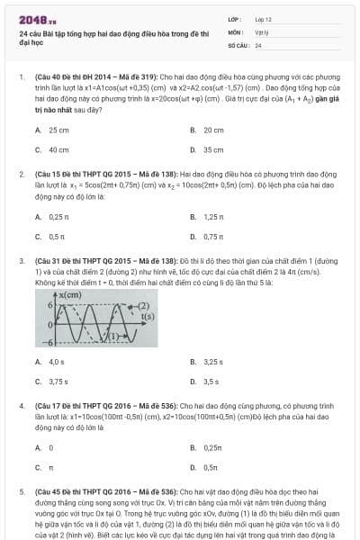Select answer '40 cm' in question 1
[58, 150]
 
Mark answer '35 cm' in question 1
[213, 150]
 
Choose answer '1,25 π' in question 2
[213, 217]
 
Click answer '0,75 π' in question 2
[213, 237]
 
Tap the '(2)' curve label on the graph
[143, 306]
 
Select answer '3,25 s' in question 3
[213, 362]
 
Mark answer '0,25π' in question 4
[212, 447]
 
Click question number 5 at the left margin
[22, 493]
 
